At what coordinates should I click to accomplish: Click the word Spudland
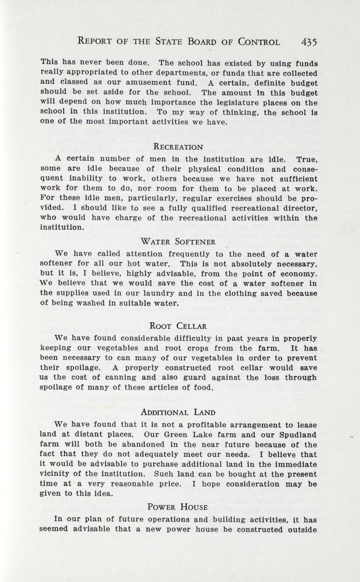296,434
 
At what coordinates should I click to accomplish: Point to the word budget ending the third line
302,82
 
